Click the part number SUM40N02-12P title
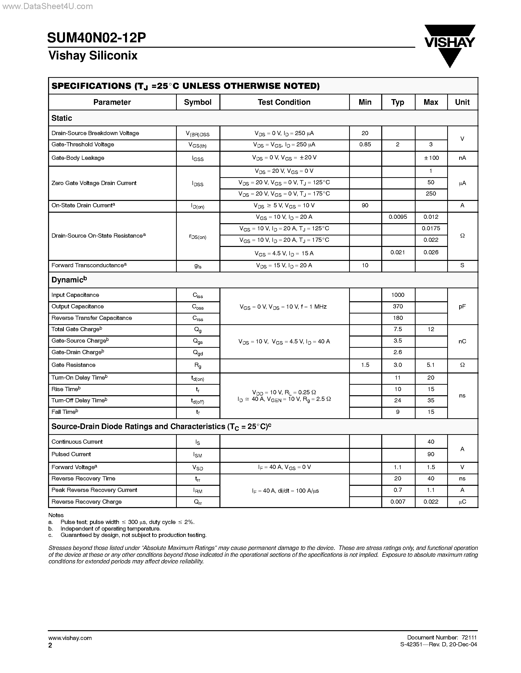pos(97,38)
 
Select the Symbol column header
pos(198,102)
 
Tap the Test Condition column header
pos(284,102)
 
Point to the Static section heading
pos(62,118)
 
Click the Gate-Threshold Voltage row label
pos(83,145)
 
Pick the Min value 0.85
pos(365,145)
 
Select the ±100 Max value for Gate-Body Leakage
pos(431,158)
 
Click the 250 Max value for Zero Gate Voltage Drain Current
pos(431,194)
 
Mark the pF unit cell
pos(462,307)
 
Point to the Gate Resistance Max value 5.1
pos(431,365)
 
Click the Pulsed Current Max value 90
pos(431,454)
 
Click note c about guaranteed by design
pos(133,535)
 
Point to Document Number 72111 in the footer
pos(442,638)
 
